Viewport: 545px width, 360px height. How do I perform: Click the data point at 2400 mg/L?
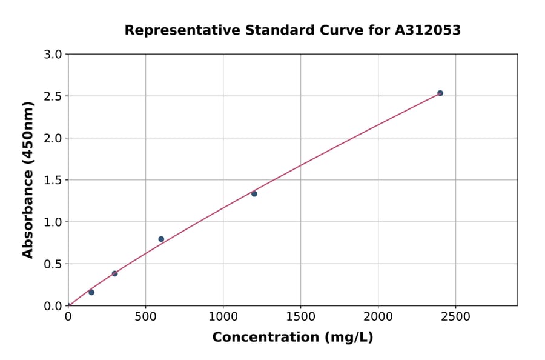pyautogui.click(x=440, y=93)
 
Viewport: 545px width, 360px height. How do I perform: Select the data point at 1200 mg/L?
pyautogui.click(x=254, y=193)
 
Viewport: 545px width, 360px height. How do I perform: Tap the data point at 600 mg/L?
pyautogui.click(x=161, y=239)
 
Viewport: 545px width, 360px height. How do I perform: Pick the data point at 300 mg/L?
pyautogui.click(x=114, y=273)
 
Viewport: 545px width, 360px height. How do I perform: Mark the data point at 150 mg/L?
pyautogui.click(x=91, y=292)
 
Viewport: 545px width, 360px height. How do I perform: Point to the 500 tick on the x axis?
pyautogui.click(x=145, y=316)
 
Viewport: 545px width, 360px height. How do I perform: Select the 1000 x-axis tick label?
pyautogui.click(x=223, y=316)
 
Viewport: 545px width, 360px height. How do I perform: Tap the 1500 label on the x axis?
pyautogui.click(x=300, y=316)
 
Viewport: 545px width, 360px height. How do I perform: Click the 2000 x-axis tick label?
pyautogui.click(x=378, y=316)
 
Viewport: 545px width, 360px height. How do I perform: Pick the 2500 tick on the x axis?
pyautogui.click(x=455, y=316)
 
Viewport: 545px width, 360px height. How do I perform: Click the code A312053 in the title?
pyautogui.click(x=428, y=30)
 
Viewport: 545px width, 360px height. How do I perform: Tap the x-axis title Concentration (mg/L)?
pyautogui.click(x=292, y=338)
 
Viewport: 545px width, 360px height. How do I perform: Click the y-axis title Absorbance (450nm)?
pyautogui.click(x=28, y=179)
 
